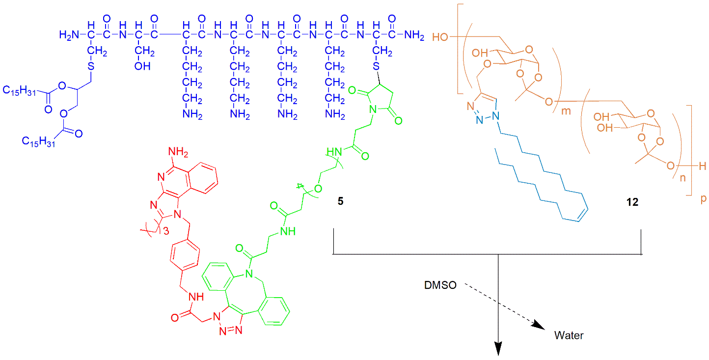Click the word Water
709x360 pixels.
[569, 336]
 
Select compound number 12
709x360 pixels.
[632, 201]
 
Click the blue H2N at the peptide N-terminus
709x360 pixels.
[68, 35]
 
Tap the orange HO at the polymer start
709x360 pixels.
[440, 37]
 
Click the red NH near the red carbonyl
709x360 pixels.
[195, 297]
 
